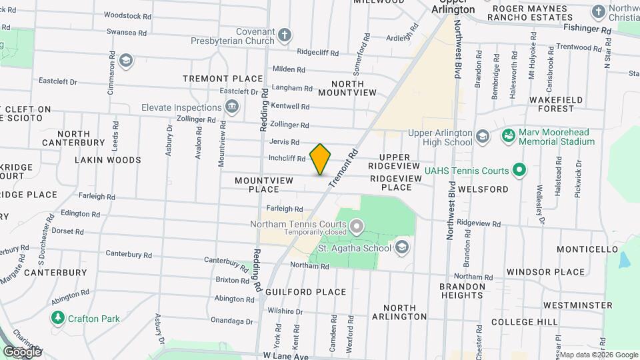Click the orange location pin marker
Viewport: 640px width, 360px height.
[320, 159]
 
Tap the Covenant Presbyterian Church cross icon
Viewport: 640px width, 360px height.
[285, 35]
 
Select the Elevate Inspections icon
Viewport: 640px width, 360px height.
[232, 107]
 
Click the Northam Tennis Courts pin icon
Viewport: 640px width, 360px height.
[357, 227]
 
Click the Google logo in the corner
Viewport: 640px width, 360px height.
[22, 351]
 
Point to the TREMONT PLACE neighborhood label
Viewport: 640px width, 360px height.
[223, 79]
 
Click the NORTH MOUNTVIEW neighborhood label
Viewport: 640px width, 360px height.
[347, 89]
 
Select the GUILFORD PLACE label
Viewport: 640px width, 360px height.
[305, 292]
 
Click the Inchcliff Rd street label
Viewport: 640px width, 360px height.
[287, 159]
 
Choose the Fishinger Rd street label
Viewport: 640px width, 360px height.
[587, 30]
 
